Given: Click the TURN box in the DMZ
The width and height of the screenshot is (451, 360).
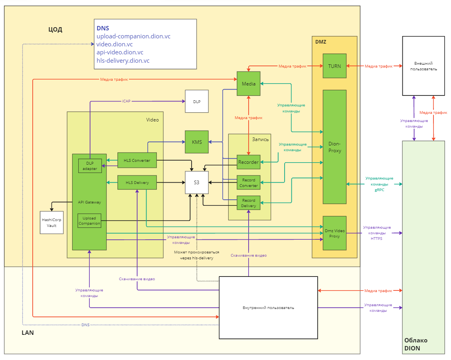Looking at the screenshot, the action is [334, 66].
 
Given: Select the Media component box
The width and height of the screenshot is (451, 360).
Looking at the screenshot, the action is [249, 84].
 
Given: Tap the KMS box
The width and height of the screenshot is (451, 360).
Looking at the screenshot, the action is [197, 142].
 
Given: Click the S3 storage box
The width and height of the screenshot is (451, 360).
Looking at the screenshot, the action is [197, 182].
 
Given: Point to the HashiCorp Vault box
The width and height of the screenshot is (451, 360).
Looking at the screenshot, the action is [52, 223].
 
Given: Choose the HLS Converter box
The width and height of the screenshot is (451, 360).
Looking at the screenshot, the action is [137, 160].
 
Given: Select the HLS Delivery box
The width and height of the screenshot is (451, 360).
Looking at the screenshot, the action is [137, 182].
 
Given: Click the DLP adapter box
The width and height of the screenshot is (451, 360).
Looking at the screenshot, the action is [90, 166].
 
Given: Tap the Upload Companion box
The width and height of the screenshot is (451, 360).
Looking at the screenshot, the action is [89, 221].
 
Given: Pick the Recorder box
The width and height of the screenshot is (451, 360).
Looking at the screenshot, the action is [249, 162].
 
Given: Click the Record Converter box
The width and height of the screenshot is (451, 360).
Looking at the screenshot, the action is [249, 183].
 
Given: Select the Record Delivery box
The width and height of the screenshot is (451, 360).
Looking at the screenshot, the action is [249, 203].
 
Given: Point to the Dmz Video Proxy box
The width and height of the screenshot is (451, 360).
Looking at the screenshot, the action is [334, 233].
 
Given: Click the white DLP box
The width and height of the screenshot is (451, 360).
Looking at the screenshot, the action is [197, 101].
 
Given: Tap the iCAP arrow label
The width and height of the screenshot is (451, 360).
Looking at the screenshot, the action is [126, 101].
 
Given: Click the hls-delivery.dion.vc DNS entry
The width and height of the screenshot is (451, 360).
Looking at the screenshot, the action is [123, 61].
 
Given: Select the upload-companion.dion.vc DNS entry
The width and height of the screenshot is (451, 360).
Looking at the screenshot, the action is [133, 36].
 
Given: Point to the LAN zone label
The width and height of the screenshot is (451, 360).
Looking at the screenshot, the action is [28, 333].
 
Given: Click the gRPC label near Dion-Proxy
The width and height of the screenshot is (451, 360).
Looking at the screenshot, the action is [380, 190].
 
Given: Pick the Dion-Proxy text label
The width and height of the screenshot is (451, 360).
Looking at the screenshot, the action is [334, 147].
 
